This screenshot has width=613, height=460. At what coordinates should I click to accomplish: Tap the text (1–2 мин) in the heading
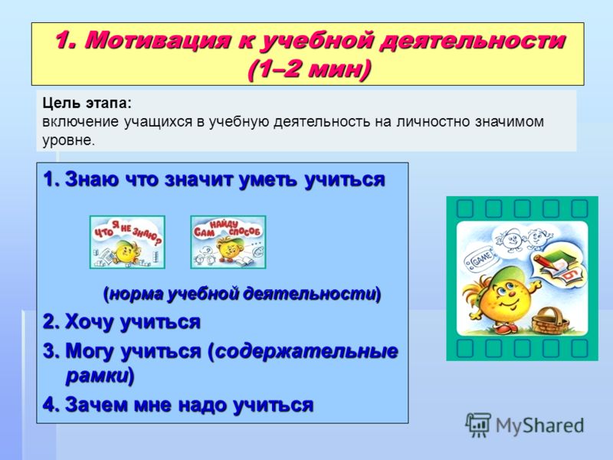(x=309, y=70)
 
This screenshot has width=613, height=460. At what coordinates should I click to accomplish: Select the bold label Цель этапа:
(x=87, y=103)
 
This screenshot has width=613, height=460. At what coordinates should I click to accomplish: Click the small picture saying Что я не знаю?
(x=127, y=242)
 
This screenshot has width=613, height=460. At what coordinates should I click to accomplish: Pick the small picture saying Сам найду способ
(x=228, y=242)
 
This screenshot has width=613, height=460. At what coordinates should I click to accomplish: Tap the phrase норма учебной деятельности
(x=242, y=294)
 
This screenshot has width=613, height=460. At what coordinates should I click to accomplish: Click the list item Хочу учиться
(x=122, y=322)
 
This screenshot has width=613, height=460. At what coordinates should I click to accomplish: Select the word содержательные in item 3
(x=306, y=351)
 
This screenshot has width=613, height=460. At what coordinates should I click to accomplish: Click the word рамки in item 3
(x=97, y=376)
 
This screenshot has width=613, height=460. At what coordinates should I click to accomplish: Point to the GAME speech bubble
(x=480, y=259)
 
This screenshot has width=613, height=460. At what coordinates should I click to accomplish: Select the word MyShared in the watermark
(x=539, y=426)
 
